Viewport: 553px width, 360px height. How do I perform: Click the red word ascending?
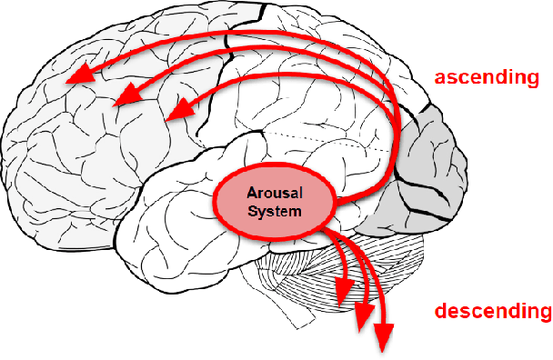pyautogui.click(x=486, y=76)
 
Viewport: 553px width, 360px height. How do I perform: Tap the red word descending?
pyautogui.click(x=492, y=313)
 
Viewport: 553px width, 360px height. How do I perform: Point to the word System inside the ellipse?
pyautogui.click(x=275, y=210)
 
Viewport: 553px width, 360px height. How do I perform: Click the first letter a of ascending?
pyautogui.click(x=440, y=77)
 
